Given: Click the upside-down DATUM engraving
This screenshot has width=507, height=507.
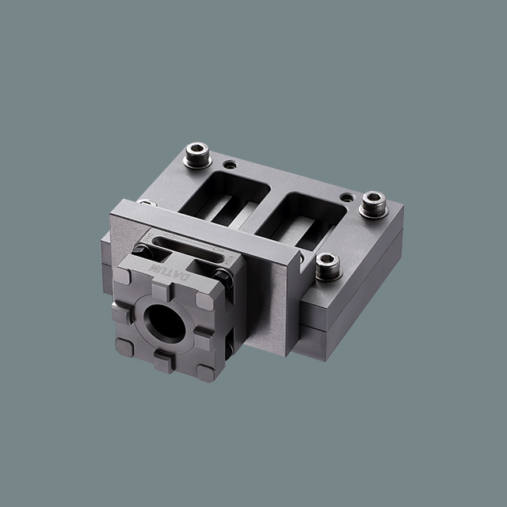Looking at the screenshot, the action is (170, 273).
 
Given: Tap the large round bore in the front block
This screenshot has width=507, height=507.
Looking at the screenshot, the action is (165, 324).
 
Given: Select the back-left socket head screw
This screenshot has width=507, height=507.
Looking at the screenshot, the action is (197, 155).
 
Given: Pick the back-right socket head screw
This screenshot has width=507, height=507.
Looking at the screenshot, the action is (374, 204).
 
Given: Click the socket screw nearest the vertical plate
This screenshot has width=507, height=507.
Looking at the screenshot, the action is (328, 266).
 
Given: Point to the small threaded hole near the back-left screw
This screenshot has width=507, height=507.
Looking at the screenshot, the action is (230, 165).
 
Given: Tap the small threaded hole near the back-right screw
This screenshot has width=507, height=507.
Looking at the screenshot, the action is (346, 197).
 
